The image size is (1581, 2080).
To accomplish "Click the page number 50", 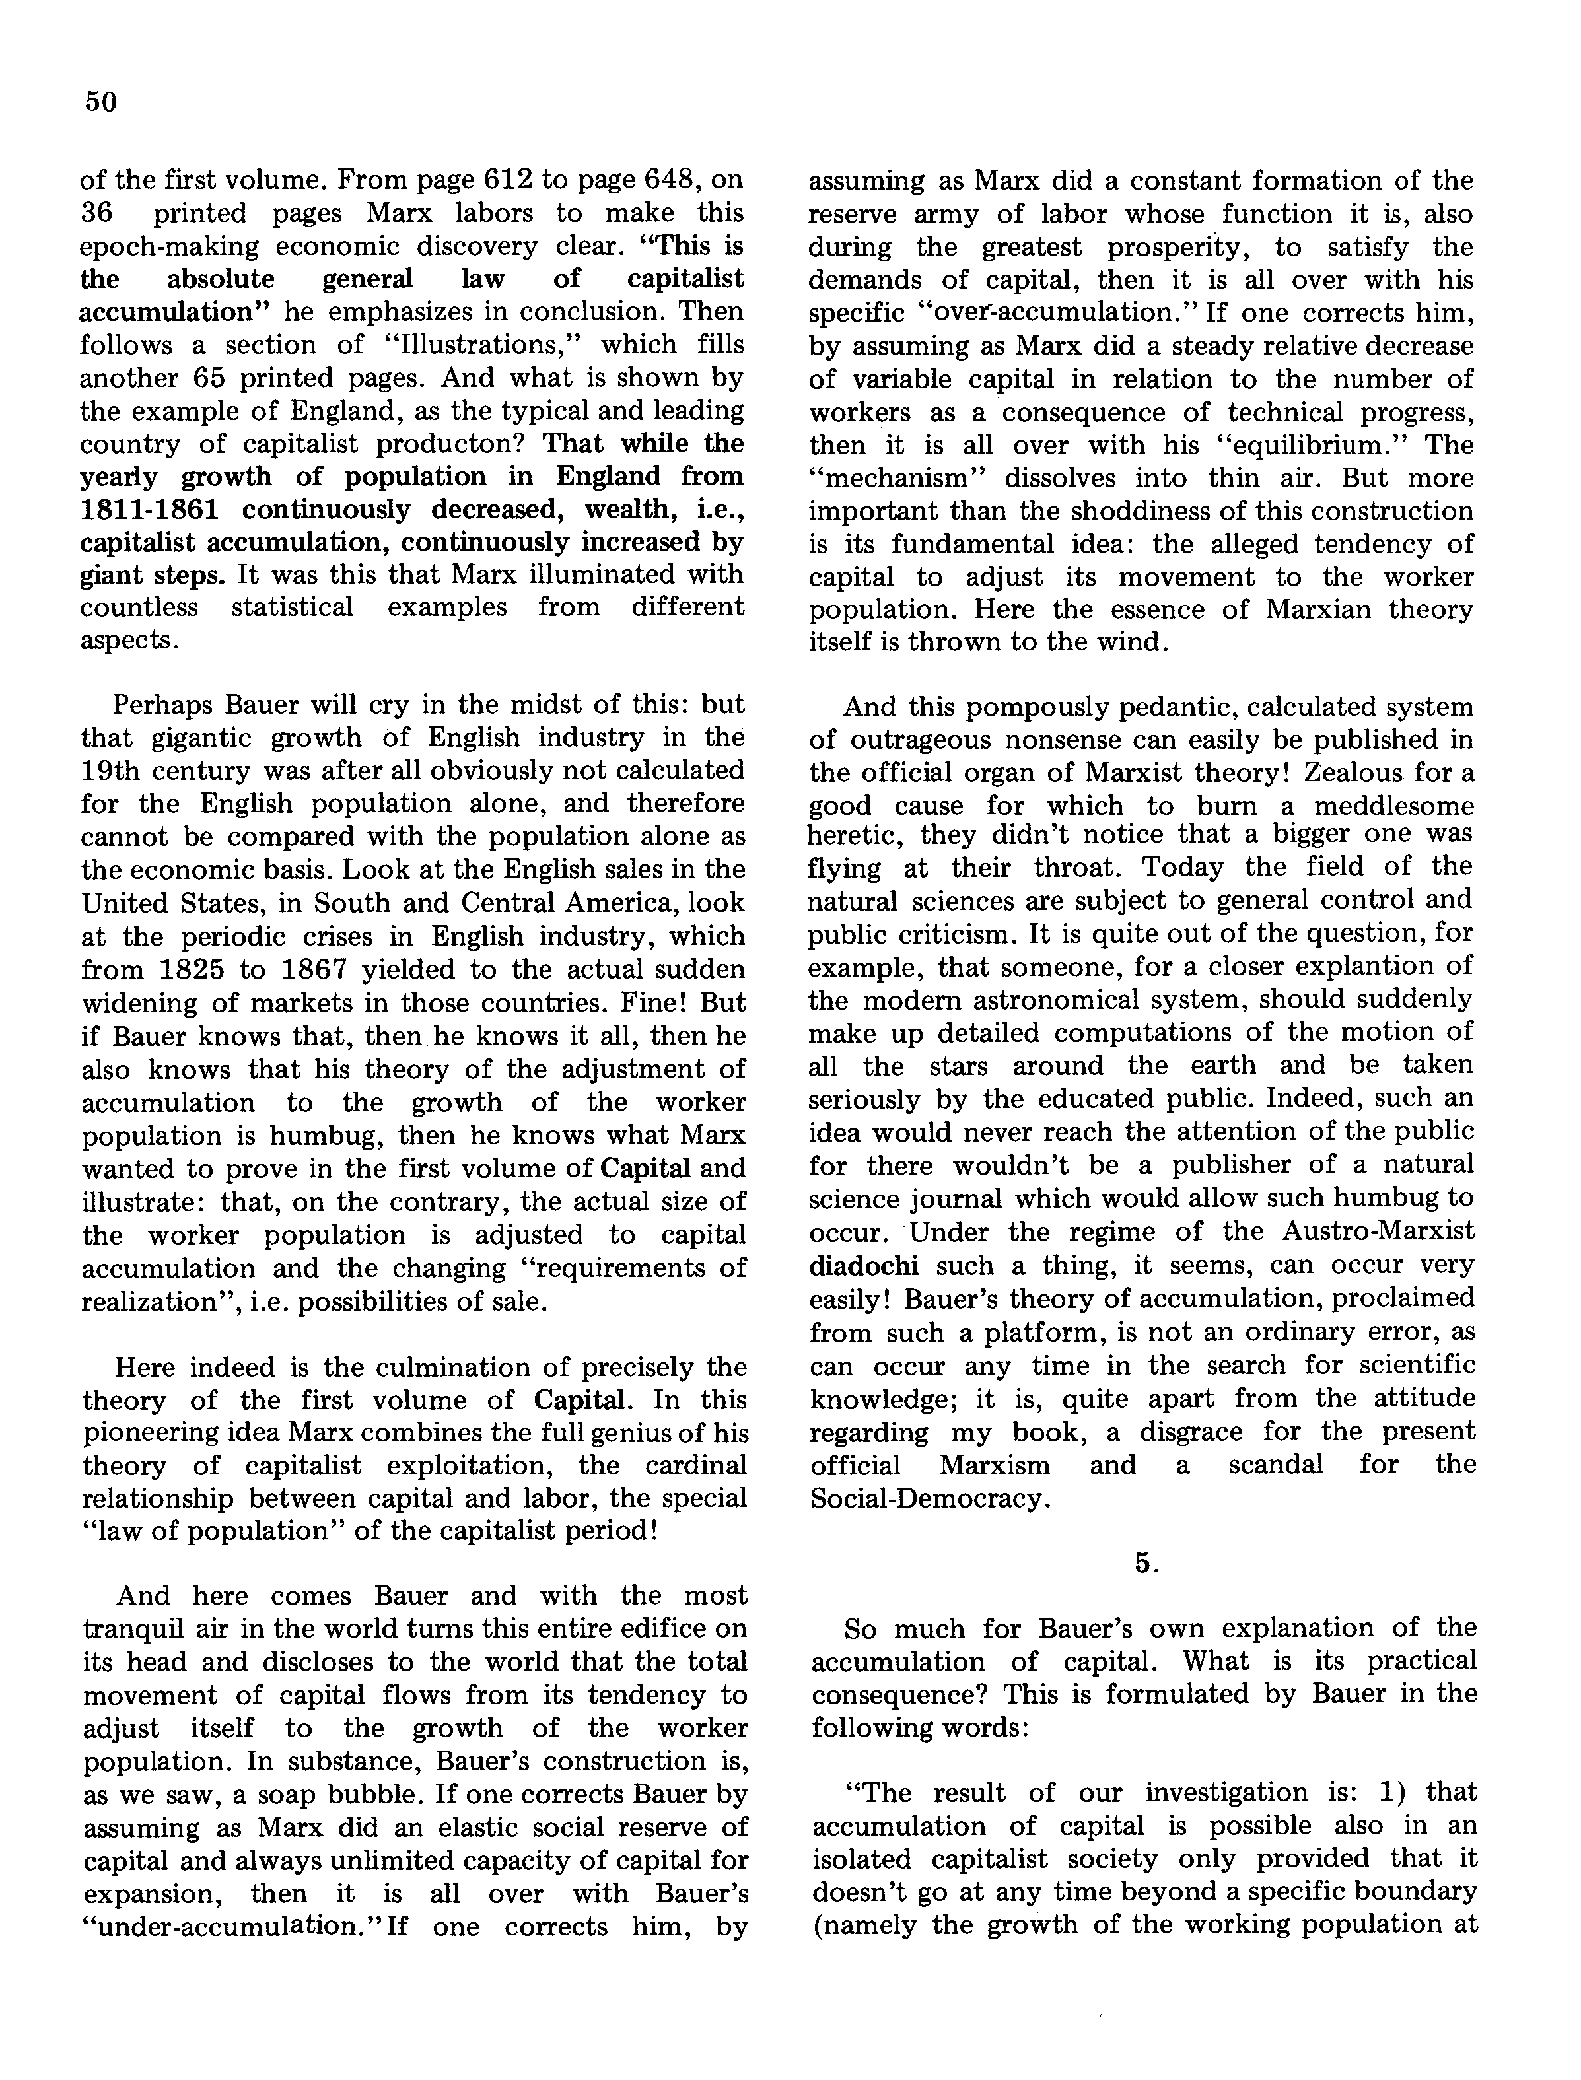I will point(100,102).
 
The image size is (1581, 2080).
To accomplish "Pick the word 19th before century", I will point(120,771).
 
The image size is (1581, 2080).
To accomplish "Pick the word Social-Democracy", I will point(928,1498).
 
